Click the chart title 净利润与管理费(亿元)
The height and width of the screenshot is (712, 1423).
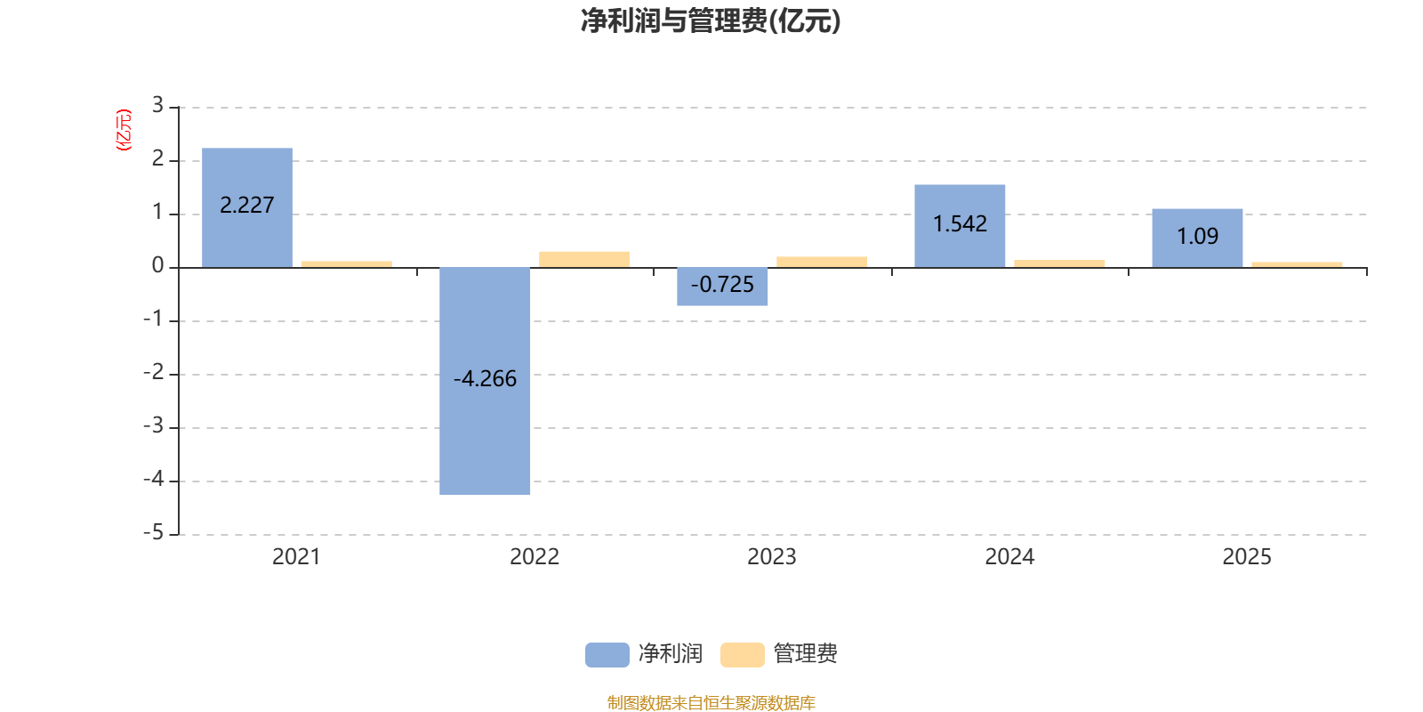[710, 20]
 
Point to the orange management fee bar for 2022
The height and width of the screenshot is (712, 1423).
[584, 259]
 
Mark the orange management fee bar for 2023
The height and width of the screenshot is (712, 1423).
[822, 262]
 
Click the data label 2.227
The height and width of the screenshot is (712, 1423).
[247, 206]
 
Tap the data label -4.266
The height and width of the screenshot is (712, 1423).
[485, 379]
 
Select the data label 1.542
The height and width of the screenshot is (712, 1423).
[960, 224]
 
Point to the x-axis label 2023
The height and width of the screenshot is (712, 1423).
[771, 557]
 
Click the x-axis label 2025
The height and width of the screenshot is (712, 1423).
[1247, 557]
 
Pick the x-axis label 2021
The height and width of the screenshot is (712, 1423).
[296, 557]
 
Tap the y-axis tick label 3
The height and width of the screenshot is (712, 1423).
[157, 106]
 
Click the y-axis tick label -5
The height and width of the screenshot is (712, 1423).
[154, 533]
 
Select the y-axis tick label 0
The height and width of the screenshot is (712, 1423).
[157, 266]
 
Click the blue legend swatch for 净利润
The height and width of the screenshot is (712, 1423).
[607, 655]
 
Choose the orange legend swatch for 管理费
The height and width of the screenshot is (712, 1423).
[742, 655]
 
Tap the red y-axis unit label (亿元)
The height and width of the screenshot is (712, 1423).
[124, 130]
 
